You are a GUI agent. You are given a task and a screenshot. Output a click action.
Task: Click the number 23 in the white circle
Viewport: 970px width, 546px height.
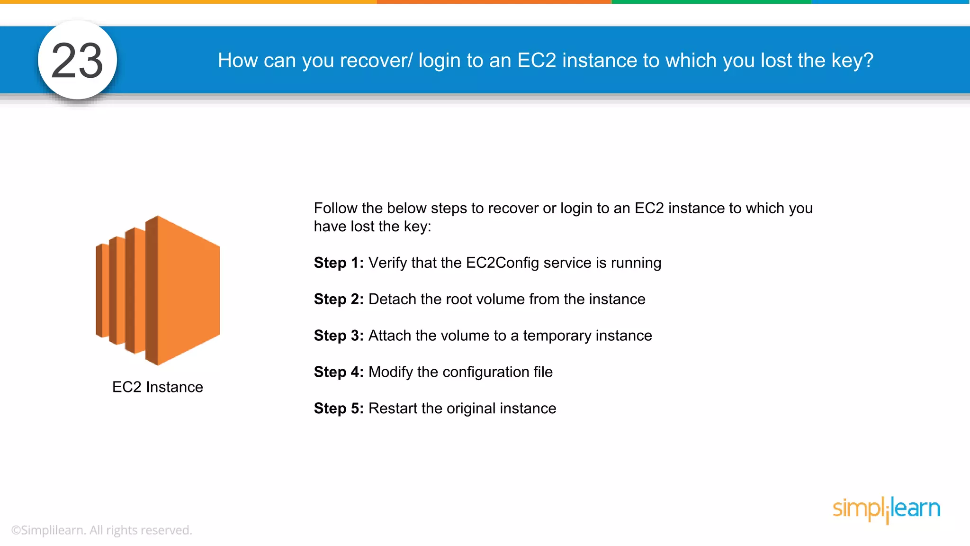click(x=77, y=61)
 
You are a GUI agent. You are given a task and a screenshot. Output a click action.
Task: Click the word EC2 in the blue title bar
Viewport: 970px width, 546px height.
click(x=537, y=61)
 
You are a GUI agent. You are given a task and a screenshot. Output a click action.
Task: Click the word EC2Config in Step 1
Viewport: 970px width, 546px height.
click(x=503, y=263)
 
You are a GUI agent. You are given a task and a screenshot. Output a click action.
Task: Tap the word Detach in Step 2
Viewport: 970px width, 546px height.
click(x=392, y=300)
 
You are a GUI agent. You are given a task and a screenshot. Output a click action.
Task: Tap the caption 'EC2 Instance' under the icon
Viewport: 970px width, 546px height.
click(x=158, y=387)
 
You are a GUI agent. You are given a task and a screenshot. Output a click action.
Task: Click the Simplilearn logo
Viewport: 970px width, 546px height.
click(x=886, y=509)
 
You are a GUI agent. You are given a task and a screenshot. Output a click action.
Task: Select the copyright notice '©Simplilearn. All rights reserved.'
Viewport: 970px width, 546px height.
click(x=102, y=530)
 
